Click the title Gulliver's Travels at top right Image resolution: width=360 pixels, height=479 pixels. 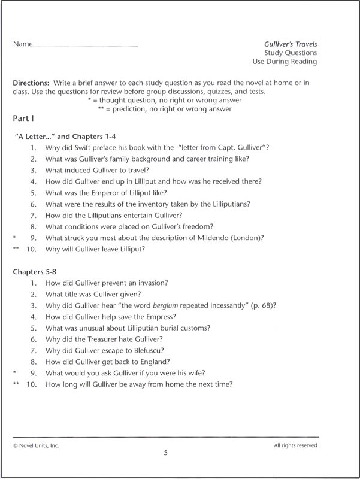[x=291, y=44]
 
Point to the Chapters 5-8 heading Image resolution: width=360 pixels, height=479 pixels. [x=37, y=272]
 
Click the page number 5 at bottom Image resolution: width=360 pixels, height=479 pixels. [x=165, y=453]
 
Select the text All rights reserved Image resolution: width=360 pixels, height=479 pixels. [x=295, y=445]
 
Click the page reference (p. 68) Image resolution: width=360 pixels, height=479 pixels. [x=259, y=305]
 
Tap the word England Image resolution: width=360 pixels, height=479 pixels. [x=153, y=362]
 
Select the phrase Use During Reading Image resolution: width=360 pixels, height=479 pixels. [x=286, y=62]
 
